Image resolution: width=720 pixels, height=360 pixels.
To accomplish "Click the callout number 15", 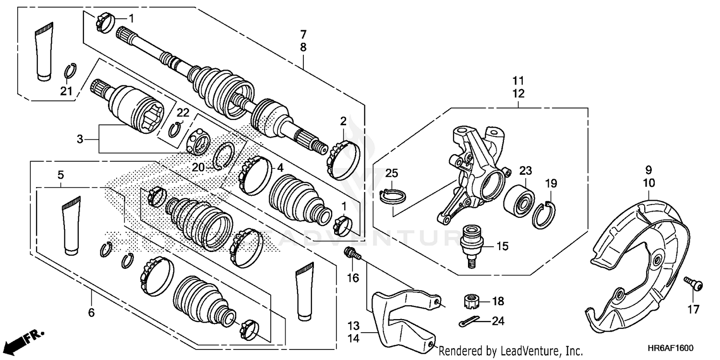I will click(x=502, y=247).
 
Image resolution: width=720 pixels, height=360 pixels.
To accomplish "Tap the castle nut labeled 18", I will click(x=471, y=302).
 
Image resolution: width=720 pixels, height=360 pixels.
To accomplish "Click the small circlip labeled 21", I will click(x=70, y=72).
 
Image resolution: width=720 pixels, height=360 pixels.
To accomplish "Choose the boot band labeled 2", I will click(x=343, y=158).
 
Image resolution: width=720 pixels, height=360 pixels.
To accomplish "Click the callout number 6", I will click(x=91, y=313).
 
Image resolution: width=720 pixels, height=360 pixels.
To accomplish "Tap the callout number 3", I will click(x=80, y=139).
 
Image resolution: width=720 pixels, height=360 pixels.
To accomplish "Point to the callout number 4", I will click(x=280, y=168).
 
